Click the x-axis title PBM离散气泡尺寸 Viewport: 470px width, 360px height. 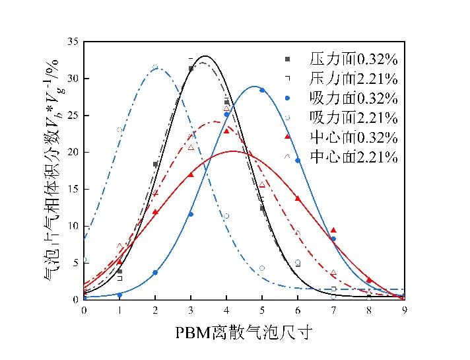tap(244, 333)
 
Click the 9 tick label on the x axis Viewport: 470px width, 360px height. tap(404, 309)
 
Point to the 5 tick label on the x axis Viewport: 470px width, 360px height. tap(262, 309)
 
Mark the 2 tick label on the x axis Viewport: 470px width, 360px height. tap(155, 309)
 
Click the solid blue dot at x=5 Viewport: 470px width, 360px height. tap(262, 90)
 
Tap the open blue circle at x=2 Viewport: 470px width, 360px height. tap(155, 67)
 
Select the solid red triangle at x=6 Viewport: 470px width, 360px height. tap(298, 198)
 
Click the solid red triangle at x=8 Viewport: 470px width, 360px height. tap(369, 280)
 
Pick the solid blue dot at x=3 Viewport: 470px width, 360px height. tap(191, 214)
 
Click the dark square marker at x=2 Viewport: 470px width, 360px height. tap(155, 164)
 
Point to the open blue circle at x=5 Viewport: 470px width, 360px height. tap(262, 268)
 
